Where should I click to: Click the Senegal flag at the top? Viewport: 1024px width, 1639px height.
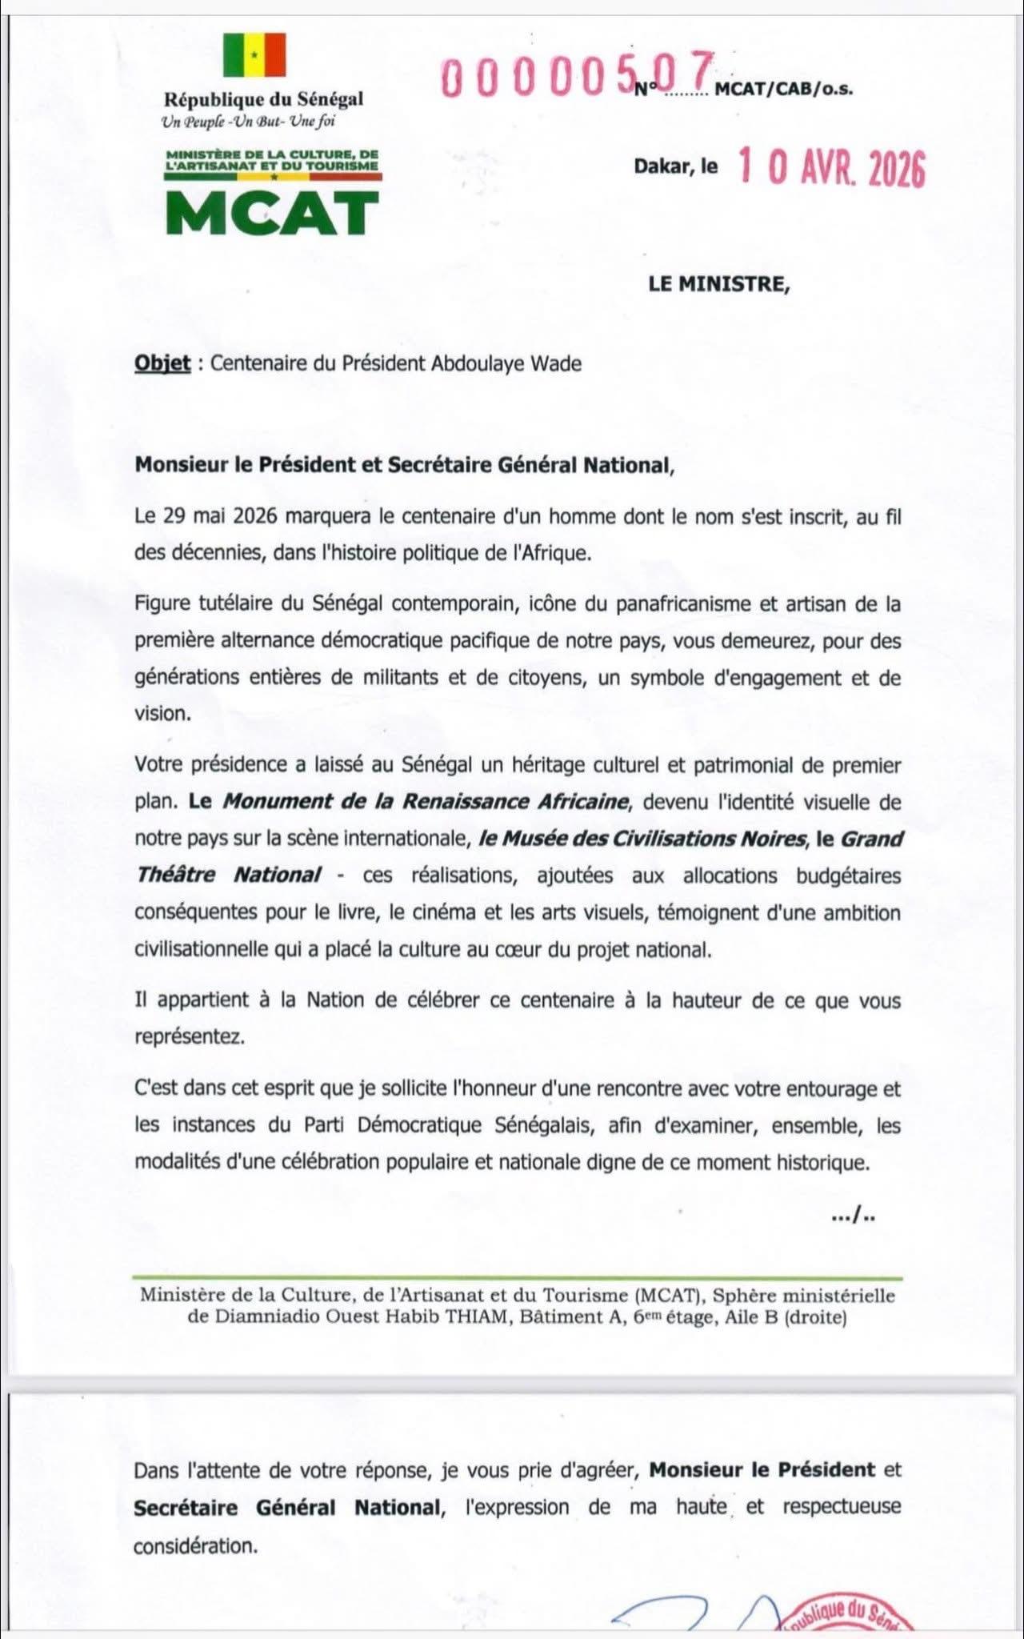pos(254,55)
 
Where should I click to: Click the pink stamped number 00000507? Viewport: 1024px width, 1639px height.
pos(575,76)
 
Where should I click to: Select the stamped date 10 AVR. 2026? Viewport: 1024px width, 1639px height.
pos(831,168)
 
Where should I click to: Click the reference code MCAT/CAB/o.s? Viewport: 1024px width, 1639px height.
pos(783,90)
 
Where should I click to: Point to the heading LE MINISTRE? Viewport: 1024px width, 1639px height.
pos(718,284)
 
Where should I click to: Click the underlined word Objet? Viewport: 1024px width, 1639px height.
pos(162,363)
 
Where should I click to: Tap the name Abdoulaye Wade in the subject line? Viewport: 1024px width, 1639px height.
pos(506,363)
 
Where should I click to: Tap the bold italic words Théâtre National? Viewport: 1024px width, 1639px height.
pos(230,875)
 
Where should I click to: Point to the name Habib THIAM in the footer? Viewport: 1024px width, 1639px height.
pos(455,1316)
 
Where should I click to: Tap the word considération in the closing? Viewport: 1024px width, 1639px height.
pos(196,1545)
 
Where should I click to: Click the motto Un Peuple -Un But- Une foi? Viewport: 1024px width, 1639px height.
pos(248,122)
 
